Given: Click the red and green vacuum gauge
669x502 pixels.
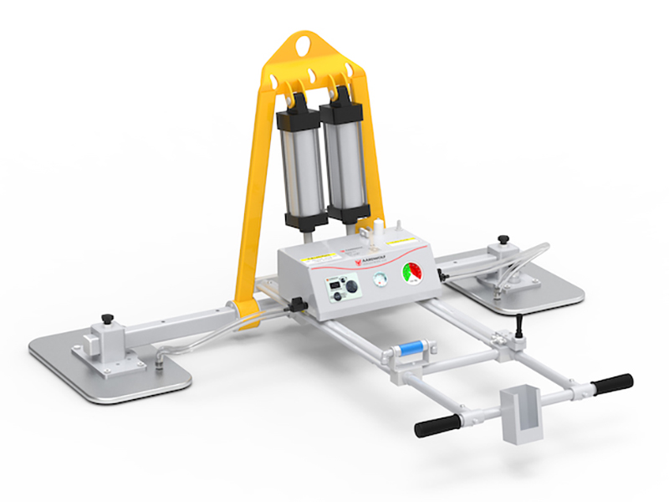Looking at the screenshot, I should [x=413, y=274].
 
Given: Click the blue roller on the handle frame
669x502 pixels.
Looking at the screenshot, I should [x=411, y=346].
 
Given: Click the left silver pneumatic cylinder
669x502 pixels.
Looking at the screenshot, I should [x=303, y=164].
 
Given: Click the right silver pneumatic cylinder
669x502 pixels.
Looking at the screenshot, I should [x=342, y=159].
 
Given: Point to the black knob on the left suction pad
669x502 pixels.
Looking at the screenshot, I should [x=107, y=319].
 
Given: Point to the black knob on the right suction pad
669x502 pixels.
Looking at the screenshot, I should [x=503, y=242].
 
